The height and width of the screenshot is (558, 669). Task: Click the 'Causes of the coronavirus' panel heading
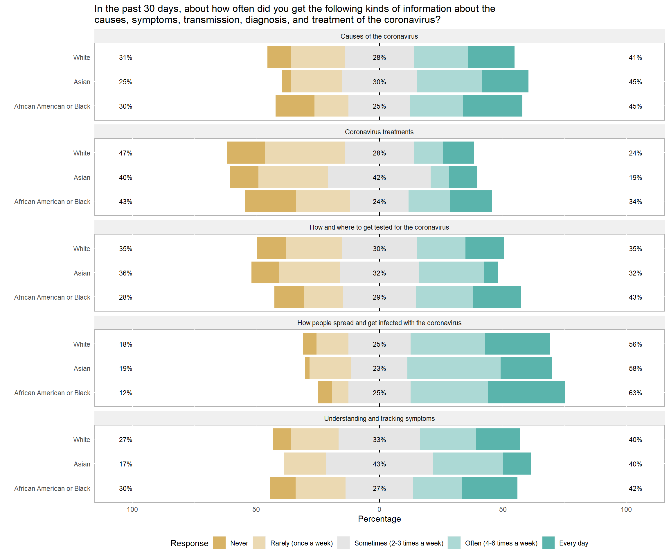click(x=379, y=36)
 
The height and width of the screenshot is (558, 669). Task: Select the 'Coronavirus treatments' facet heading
click(x=379, y=132)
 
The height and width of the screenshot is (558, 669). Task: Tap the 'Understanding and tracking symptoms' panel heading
click(x=379, y=418)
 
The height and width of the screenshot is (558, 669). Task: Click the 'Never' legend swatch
click(x=219, y=543)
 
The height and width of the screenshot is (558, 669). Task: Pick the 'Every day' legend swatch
click(x=548, y=543)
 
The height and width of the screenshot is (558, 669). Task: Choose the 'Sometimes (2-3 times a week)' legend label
click(x=399, y=543)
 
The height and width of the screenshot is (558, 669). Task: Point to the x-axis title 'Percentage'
click(x=379, y=519)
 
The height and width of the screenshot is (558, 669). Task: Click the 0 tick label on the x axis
click(x=379, y=509)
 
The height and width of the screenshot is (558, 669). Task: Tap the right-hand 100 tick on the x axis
click(x=626, y=509)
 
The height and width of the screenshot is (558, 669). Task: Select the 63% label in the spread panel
click(x=635, y=393)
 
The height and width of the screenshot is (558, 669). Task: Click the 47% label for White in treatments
click(x=125, y=153)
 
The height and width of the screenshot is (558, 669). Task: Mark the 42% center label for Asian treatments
click(x=379, y=177)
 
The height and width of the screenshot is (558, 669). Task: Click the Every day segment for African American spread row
click(x=526, y=393)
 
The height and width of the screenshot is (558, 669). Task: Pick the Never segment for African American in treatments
click(x=270, y=201)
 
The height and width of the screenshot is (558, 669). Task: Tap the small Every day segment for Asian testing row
click(x=491, y=273)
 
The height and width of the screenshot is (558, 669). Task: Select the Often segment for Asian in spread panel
click(x=454, y=368)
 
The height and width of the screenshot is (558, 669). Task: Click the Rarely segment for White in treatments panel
click(x=305, y=153)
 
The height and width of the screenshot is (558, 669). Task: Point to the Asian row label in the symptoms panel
click(x=82, y=464)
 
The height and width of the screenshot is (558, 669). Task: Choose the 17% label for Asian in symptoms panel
click(x=125, y=464)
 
